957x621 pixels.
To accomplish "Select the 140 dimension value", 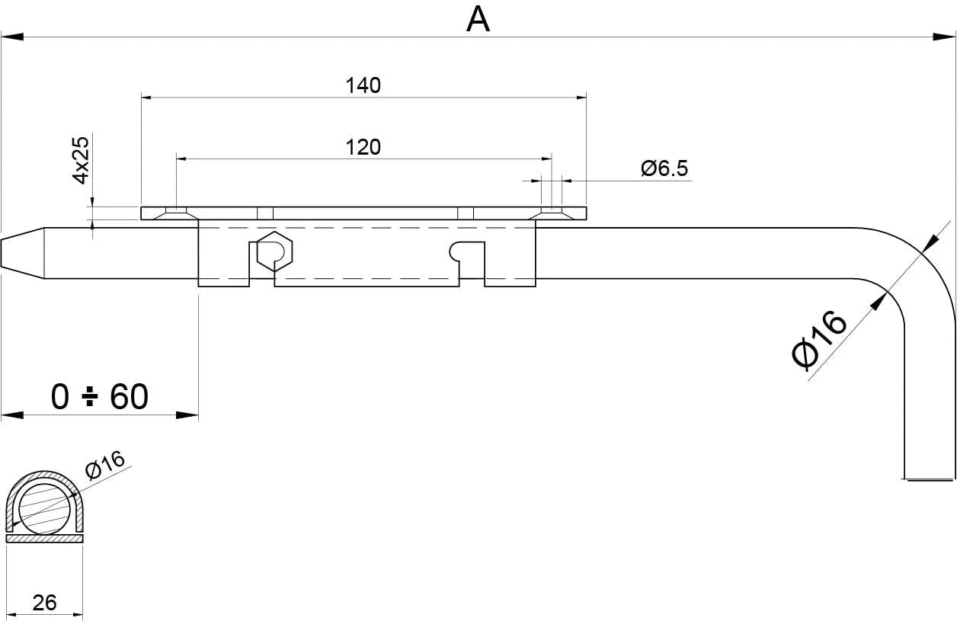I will click(363, 85).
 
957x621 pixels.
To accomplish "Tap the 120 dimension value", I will click(363, 147).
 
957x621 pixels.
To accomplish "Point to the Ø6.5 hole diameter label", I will click(664, 168).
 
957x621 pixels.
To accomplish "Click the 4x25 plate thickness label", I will click(81, 159).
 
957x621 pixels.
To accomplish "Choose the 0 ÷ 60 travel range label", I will click(99, 397).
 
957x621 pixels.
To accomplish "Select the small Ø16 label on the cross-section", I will click(104, 465).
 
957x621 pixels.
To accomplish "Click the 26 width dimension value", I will click(45, 602).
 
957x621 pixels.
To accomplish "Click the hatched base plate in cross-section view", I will click(44, 538).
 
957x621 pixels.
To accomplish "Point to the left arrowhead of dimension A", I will click(11, 36).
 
